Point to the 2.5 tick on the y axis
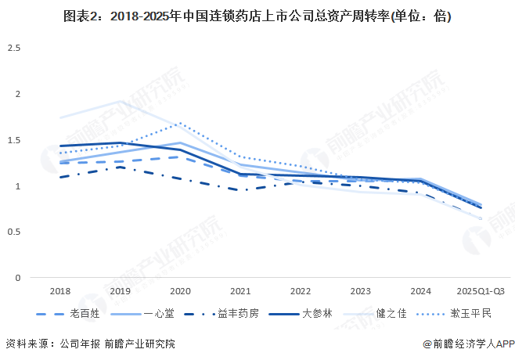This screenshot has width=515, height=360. click(x=14, y=49)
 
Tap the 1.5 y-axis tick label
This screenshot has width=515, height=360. click(x=14, y=140)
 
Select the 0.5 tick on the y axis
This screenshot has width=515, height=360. click(x=14, y=232)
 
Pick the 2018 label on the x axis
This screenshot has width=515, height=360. click(x=59, y=291)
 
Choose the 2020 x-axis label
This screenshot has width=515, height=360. click(x=180, y=291)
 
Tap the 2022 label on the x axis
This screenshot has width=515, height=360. click(x=301, y=291)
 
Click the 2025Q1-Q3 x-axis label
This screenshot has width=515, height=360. click(x=481, y=291)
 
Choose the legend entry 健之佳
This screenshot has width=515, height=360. click(x=391, y=314)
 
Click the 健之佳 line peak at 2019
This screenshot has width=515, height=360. click(x=120, y=102)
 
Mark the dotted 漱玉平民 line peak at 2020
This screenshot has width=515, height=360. click(x=180, y=123)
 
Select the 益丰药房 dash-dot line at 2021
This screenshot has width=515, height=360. click(x=240, y=190)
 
